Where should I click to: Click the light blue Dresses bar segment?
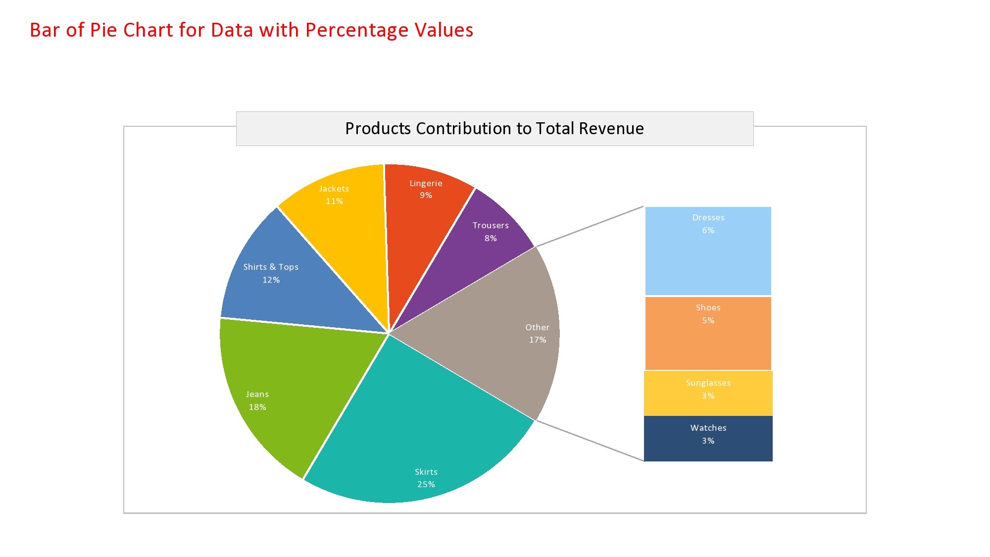point(708,262)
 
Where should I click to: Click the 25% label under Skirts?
point(426,484)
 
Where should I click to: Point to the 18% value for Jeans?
point(257,407)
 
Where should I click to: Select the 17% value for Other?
point(537,340)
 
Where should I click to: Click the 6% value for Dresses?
point(708,230)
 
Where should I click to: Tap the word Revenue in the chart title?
point(611,129)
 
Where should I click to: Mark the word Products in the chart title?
point(378,129)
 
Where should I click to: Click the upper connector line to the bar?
point(589,226)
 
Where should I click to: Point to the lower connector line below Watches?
point(589,441)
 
